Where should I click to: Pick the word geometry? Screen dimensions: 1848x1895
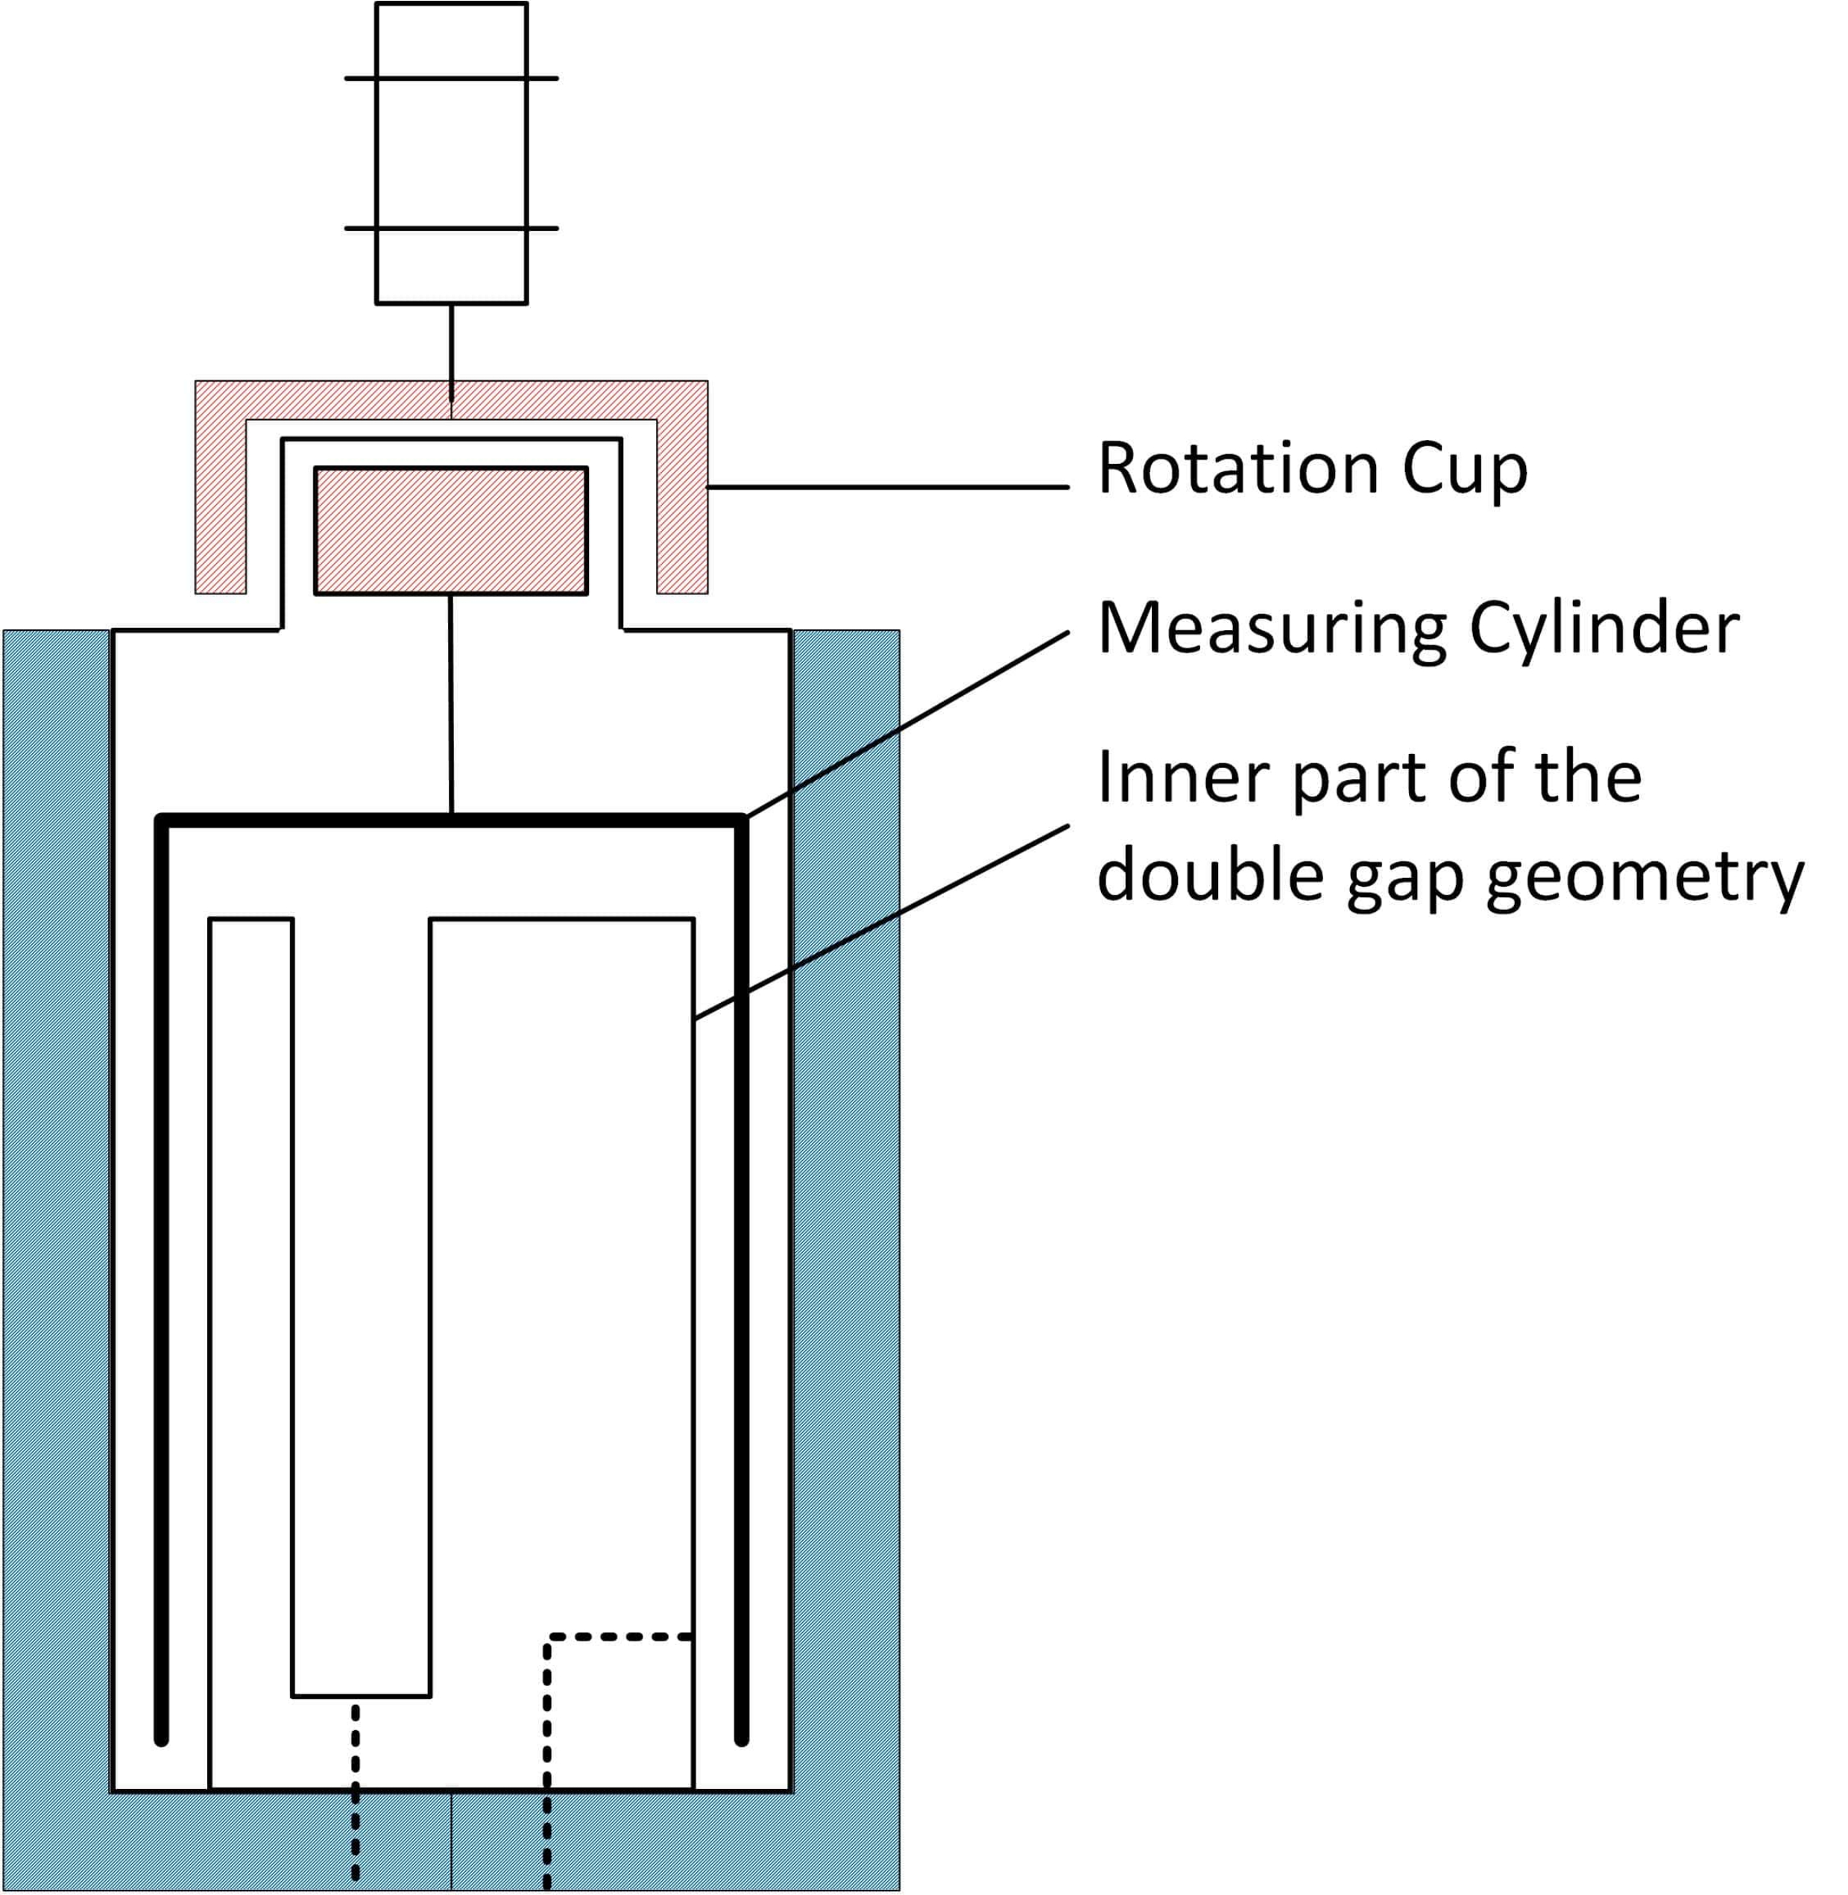pyautogui.click(x=1645, y=881)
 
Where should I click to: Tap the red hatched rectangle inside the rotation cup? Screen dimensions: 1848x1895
pyautogui.click(x=450, y=531)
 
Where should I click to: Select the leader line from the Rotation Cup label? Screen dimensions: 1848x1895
pyautogui.click(x=888, y=486)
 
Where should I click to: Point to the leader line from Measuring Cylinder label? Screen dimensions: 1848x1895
pyautogui.click(x=906, y=724)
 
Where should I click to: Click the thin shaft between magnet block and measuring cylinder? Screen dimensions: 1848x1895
pyautogui.click(x=450, y=704)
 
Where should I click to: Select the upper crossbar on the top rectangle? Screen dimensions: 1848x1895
pyautogui.click(x=451, y=78)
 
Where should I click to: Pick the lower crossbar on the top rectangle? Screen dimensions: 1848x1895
pyautogui.click(x=451, y=228)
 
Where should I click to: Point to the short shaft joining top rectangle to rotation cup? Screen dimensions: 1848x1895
pyautogui.click(x=451, y=353)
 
